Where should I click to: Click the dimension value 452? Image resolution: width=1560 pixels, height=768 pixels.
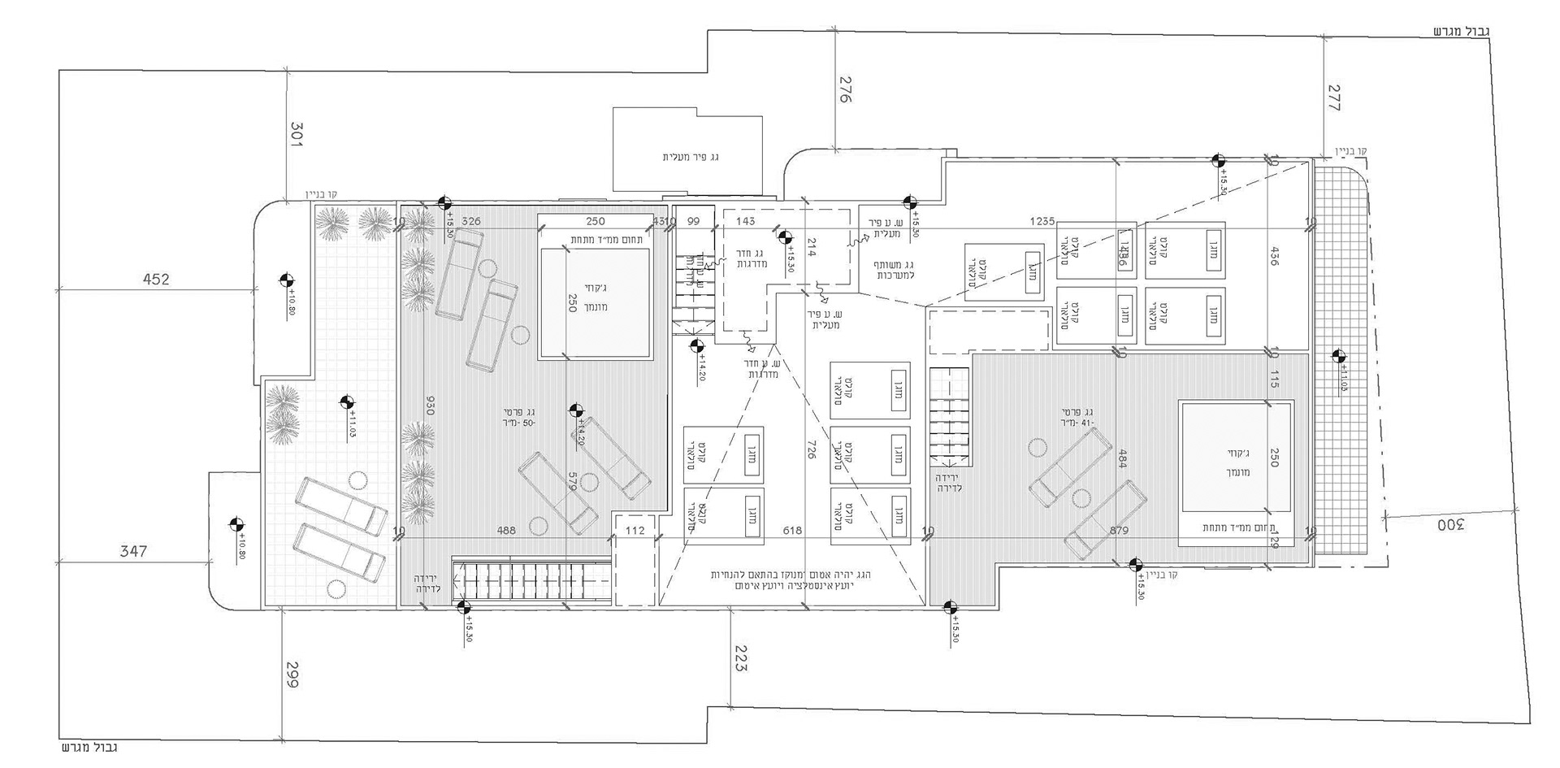[155, 280]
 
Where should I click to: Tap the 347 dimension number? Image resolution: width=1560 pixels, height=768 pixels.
[133, 551]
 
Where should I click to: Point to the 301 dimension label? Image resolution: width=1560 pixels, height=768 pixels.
[296, 134]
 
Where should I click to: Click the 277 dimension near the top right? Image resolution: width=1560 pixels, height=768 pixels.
[1333, 98]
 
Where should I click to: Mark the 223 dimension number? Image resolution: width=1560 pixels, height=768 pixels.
[739, 657]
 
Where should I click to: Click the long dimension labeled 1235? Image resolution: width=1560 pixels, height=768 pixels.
[1042, 221]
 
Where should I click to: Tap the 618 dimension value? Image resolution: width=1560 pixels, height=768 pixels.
[792, 531]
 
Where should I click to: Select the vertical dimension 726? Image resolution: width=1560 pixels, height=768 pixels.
[811, 449]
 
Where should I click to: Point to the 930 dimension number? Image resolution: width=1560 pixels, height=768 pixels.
[430, 406]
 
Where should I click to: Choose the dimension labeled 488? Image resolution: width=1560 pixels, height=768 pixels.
[505, 531]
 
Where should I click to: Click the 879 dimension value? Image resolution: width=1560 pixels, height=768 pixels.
[1119, 531]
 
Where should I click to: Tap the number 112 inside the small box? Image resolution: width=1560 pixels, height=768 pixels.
[635, 531]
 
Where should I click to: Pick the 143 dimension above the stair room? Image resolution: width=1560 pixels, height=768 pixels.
[745, 221]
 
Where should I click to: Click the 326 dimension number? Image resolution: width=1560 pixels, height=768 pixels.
[471, 221]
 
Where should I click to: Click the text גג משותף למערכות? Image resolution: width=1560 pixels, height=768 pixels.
[895, 270]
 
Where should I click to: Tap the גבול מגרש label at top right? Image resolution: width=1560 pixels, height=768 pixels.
[1460, 32]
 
